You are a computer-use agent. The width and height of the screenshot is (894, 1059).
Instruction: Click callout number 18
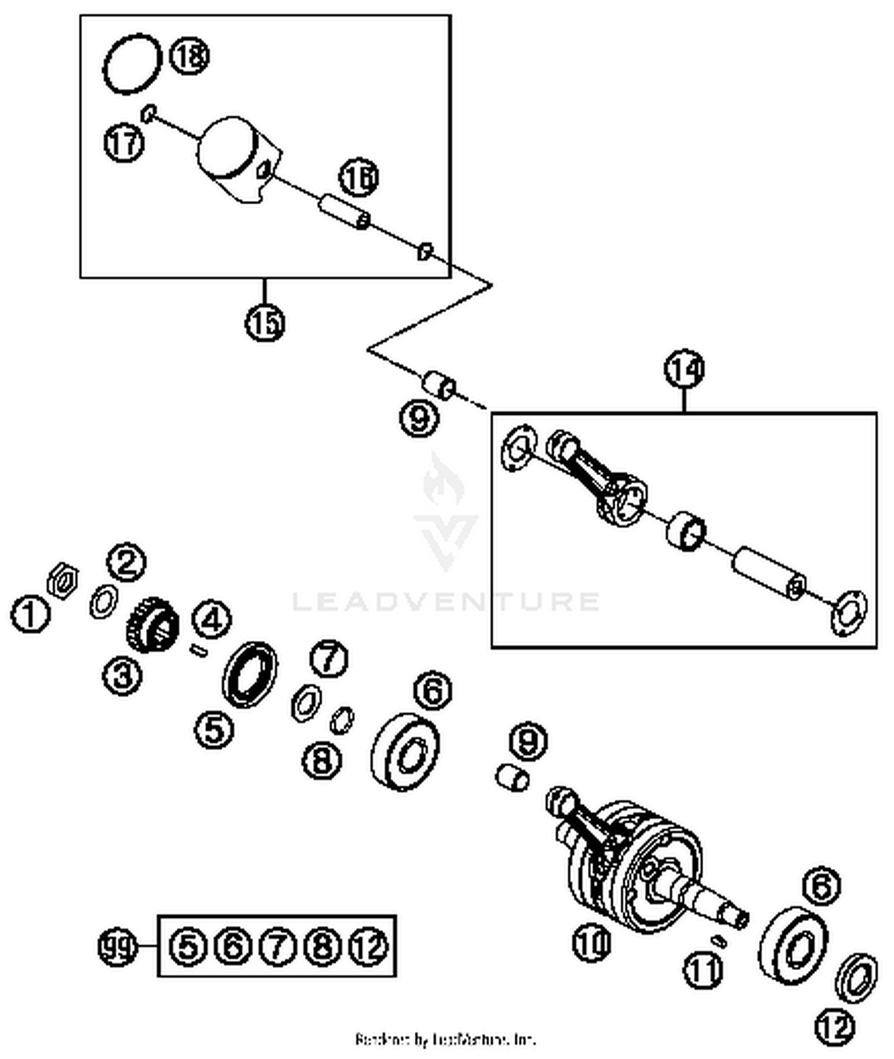190,56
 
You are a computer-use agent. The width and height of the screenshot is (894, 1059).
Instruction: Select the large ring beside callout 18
132,63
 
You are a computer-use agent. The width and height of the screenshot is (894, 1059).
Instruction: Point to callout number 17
124,143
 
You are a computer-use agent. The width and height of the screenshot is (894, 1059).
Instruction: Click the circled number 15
265,322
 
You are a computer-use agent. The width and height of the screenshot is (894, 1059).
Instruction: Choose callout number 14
684,369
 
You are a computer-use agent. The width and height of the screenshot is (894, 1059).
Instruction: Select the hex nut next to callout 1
63,579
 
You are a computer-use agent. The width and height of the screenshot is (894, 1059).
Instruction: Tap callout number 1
30,614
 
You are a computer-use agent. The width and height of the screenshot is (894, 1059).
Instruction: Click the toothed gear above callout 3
153,624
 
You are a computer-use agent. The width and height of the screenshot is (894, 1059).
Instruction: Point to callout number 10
592,942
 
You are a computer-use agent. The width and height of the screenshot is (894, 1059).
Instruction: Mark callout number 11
702,970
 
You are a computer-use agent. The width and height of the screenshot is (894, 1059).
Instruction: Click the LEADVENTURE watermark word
446,601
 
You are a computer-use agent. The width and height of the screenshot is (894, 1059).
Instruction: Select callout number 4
212,620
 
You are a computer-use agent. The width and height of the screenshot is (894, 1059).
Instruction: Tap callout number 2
126,561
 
